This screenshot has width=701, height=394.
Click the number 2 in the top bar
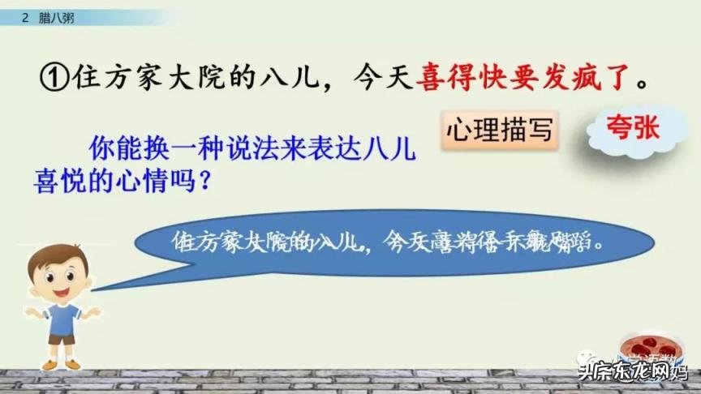pyautogui.click(x=27, y=17)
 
